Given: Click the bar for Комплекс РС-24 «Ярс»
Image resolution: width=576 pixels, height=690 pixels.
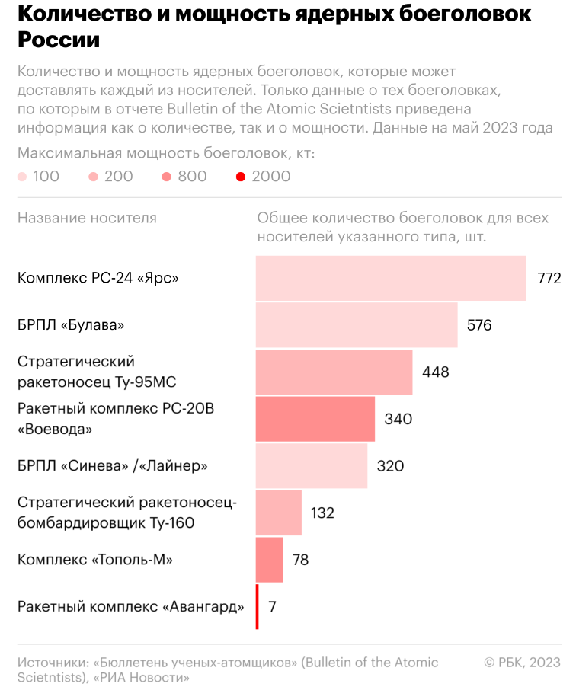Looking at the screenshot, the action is (391, 278).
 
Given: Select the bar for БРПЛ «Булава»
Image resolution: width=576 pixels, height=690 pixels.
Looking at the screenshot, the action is (357, 324).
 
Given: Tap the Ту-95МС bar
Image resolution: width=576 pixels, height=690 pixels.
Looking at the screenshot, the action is (334, 372).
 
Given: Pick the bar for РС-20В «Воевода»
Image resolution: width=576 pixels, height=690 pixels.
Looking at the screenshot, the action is (315, 419).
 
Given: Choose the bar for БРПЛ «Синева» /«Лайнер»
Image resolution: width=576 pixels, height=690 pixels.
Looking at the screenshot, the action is (312, 465).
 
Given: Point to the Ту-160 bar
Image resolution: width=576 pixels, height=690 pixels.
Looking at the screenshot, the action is (279, 513).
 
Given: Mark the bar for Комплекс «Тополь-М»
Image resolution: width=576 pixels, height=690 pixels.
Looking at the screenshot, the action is (270, 560).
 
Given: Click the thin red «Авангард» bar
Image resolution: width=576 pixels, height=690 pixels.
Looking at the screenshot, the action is (258, 606).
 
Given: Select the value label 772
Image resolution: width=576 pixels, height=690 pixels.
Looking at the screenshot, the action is (549, 278).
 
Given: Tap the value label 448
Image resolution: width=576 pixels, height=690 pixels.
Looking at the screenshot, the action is (436, 372).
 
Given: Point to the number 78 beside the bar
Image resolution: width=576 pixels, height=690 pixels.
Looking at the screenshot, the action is (300, 560).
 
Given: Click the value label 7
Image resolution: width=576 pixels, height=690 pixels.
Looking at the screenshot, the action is (272, 607).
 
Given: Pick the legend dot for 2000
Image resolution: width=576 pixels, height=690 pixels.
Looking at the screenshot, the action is (241, 177).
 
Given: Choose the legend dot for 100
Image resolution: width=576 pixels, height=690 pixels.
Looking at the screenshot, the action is (22, 177).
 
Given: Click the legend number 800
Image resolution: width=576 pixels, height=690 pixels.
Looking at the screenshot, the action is (192, 177).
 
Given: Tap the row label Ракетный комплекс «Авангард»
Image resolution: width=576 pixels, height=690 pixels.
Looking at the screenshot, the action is (130, 606).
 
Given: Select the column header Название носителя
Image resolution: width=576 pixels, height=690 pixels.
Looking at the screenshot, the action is (87, 218).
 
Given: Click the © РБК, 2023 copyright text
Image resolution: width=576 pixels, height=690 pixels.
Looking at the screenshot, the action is (522, 663).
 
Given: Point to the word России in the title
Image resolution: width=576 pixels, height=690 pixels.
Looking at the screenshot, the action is (59, 40).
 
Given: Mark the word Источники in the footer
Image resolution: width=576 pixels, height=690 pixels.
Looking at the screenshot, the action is (53, 663).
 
